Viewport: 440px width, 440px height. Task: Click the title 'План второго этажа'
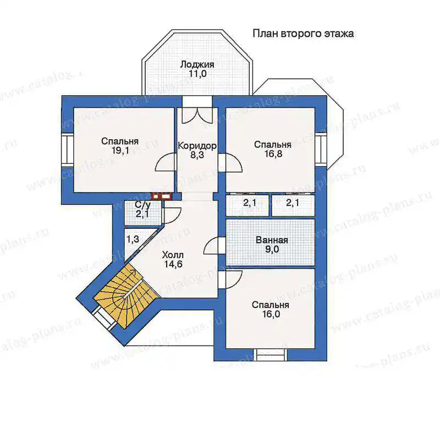pos(303,34)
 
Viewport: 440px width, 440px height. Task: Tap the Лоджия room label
pos(197,64)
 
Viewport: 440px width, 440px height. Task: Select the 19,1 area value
pos(120,151)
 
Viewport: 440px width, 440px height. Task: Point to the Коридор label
pos(197,146)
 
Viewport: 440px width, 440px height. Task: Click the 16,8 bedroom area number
pos(273,154)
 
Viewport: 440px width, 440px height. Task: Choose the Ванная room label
pos(272,240)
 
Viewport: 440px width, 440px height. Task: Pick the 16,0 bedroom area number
pos(270,314)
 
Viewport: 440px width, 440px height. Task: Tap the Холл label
pos(173,255)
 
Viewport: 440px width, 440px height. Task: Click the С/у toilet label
pos(143,204)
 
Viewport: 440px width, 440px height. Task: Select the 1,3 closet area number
pos(133,240)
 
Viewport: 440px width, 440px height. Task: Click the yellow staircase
pos(125,295)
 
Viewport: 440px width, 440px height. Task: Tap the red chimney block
pos(162,196)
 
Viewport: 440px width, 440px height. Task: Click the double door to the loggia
pos(196,116)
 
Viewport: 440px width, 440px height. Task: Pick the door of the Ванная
pos(215,245)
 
